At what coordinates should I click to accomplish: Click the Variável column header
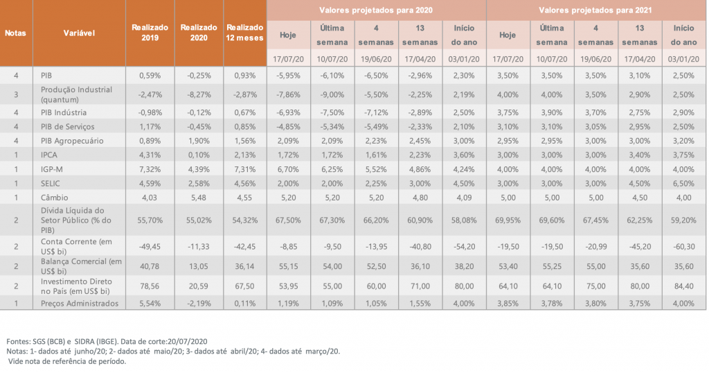point(79,33)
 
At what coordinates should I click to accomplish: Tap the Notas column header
point(15,33)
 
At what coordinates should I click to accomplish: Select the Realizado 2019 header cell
point(150,33)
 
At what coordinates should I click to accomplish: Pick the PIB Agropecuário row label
point(73,141)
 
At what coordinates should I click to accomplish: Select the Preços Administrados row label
point(78,303)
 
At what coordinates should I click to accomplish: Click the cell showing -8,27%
point(198,93)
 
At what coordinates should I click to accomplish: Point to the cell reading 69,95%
point(508,219)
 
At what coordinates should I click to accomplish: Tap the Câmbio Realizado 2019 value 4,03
point(150,196)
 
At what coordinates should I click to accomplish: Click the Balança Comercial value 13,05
point(198,265)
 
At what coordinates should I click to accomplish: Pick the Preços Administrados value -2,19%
point(198,303)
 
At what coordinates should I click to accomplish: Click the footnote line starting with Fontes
point(107,342)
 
